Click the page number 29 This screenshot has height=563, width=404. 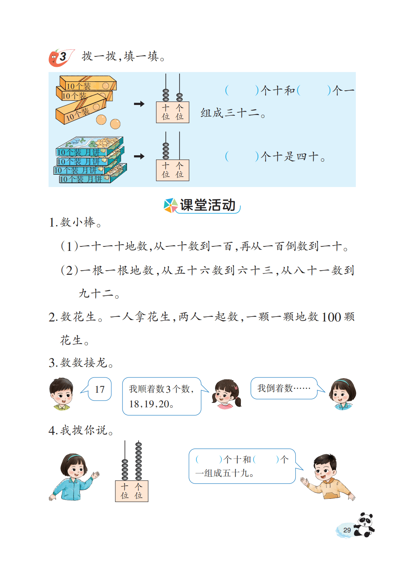click(x=346, y=530)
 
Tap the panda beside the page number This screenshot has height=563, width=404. click(x=364, y=525)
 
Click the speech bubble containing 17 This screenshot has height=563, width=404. click(x=96, y=389)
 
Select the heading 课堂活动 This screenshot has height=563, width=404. click(x=208, y=205)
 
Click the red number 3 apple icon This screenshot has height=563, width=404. click(x=61, y=57)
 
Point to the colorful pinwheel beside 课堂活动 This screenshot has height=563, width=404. click(x=171, y=205)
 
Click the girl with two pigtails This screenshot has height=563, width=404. click(x=226, y=394)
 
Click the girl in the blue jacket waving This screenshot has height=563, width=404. click(x=74, y=477)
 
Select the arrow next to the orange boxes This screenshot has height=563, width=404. click(x=139, y=103)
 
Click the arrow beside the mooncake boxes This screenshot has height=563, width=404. click(x=139, y=156)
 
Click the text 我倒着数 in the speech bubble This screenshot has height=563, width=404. click(x=275, y=388)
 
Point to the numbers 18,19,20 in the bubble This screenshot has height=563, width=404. click(x=149, y=404)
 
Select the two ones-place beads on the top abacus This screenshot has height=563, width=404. click(x=180, y=97)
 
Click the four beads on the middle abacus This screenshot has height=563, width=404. click(x=166, y=151)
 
